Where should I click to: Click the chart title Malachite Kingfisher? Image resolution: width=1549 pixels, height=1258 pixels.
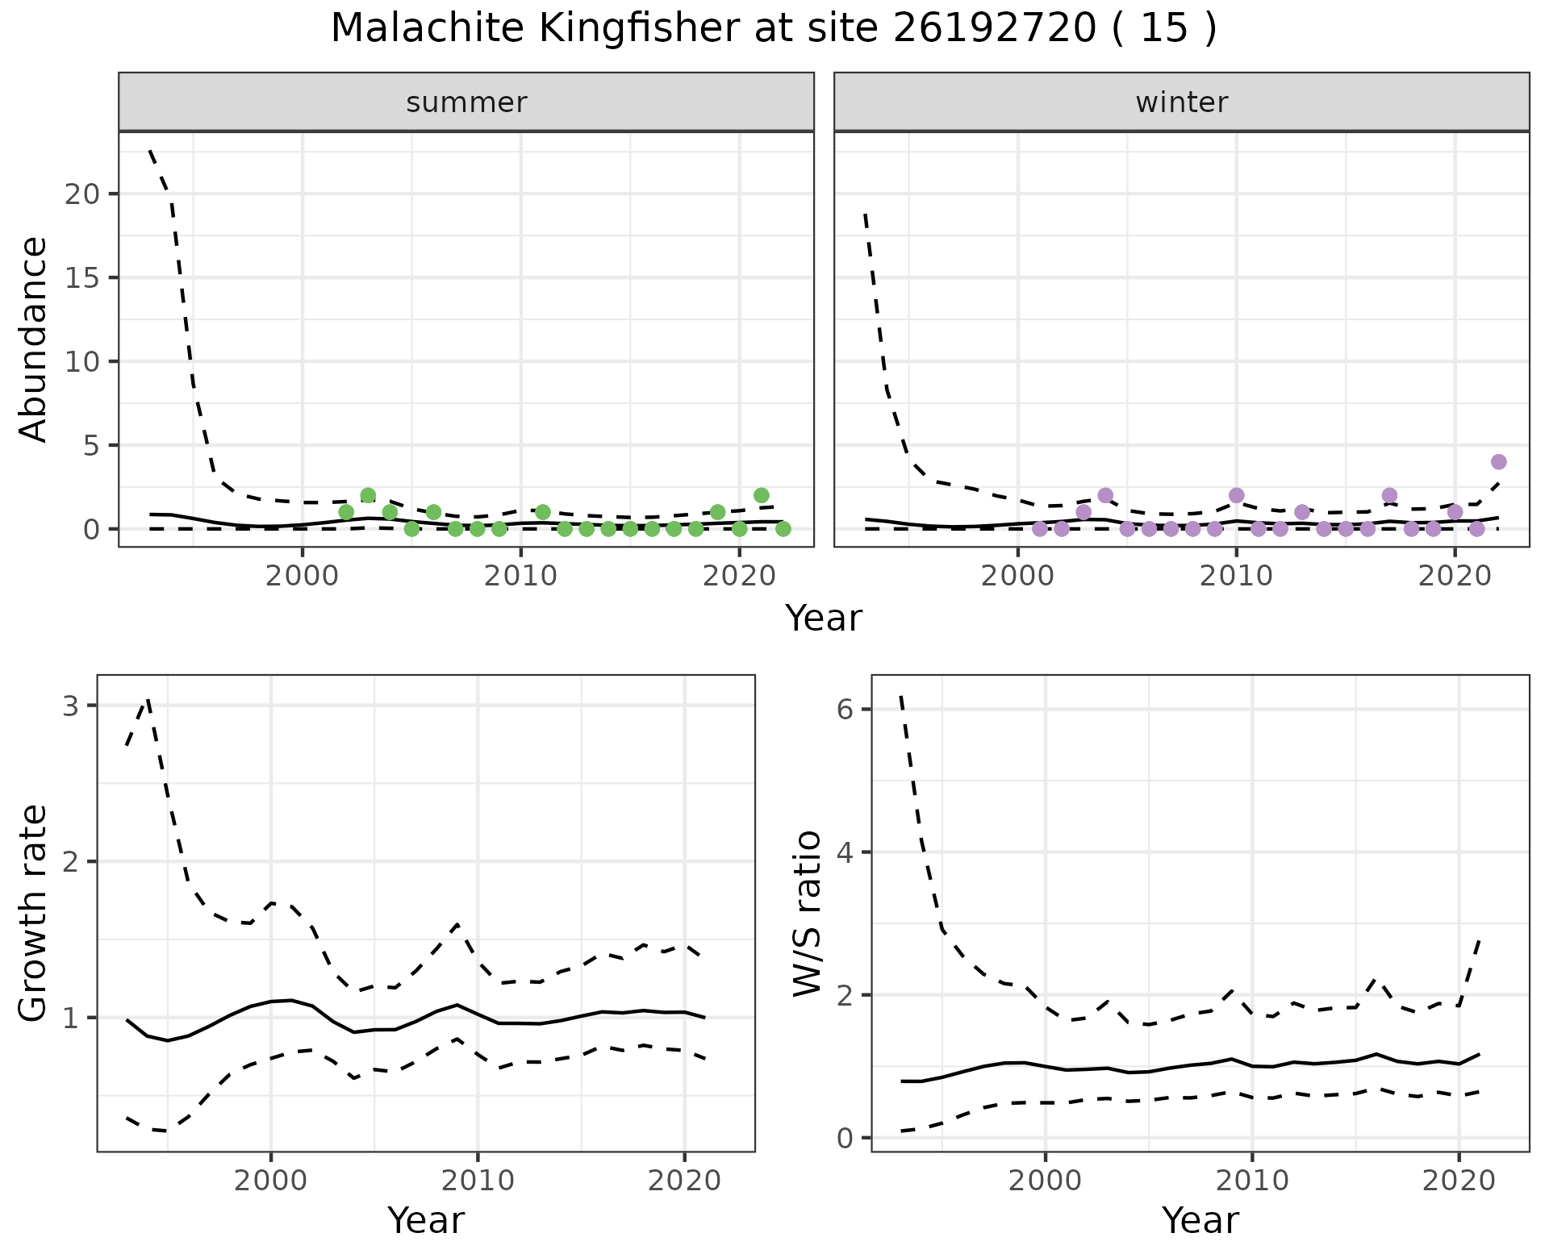click(x=773, y=29)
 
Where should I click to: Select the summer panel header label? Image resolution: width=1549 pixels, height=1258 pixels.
click(x=466, y=102)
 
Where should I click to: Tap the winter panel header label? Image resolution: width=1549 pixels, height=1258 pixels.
click(x=1181, y=102)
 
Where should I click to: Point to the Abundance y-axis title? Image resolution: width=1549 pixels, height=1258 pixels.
click(x=34, y=339)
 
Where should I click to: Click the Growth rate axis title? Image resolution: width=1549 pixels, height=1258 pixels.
click(x=34, y=913)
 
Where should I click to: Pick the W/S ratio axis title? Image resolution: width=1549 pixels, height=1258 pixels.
click(x=808, y=913)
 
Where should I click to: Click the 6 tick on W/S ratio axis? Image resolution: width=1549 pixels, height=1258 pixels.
click(x=844, y=710)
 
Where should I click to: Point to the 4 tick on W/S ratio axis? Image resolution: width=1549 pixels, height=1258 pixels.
click(x=844, y=852)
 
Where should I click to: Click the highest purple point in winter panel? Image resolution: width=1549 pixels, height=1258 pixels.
click(x=1498, y=462)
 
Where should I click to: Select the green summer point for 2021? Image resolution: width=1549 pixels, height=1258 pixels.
click(x=761, y=495)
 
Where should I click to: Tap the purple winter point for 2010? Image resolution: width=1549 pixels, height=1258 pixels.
click(x=1236, y=495)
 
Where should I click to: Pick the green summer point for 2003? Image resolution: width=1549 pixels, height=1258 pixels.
click(x=368, y=495)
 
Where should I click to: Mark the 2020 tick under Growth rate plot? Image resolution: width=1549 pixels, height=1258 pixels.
click(x=684, y=1181)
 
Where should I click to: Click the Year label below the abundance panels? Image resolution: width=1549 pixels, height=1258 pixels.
click(x=823, y=619)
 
